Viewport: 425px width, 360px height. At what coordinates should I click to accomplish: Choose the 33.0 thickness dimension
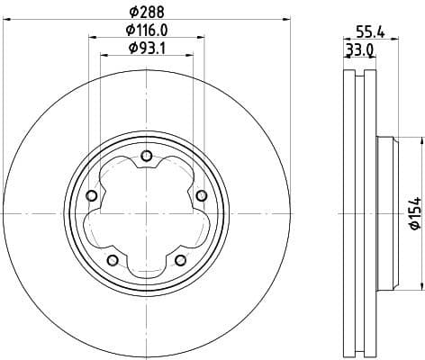point(360,49)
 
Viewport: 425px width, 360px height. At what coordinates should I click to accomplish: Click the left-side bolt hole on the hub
point(91,196)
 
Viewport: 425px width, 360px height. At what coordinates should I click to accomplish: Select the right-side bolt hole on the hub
point(201,196)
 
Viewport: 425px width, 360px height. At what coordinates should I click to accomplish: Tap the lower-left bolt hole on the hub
point(112,260)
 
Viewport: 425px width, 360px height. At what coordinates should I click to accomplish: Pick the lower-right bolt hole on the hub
point(180,260)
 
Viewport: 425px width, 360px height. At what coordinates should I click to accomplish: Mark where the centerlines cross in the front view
point(146,214)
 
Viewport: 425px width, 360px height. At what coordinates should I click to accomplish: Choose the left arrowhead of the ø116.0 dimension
point(92,38)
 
